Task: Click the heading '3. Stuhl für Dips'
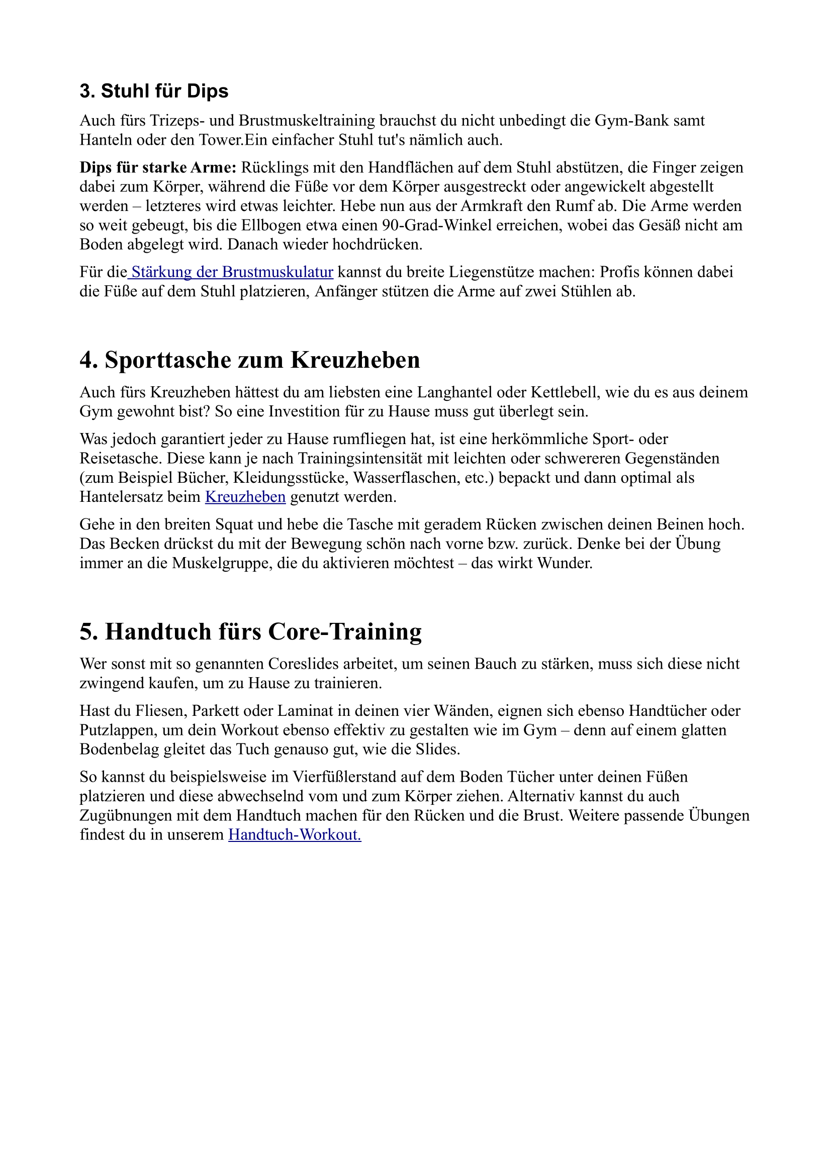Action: tap(154, 91)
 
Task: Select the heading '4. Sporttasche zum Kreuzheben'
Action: tap(249, 360)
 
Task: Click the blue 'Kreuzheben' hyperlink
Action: tap(245, 497)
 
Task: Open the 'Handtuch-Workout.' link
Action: tap(295, 835)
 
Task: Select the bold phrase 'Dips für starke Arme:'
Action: tap(158, 167)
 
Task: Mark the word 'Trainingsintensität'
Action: tap(380, 458)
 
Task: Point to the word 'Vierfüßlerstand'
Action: tap(344, 777)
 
